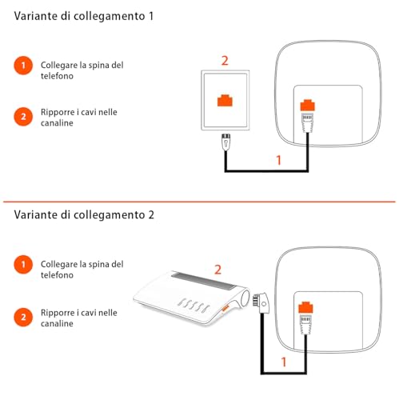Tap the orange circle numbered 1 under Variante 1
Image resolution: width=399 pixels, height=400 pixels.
[x=25, y=66]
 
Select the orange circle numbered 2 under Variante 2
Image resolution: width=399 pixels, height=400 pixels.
[x=25, y=318]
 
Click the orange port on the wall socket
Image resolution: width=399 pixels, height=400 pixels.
[x=225, y=102]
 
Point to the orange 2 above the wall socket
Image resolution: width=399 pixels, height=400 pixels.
[x=225, y=60]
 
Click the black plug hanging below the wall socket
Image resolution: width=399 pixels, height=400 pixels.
[x=225, y=144]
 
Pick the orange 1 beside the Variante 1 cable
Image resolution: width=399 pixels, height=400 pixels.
[x=278, y=160]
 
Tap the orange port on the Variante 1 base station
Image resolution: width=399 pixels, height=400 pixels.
[x=306, y=105]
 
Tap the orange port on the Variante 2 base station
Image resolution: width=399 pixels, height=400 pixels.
[x=305, y=307]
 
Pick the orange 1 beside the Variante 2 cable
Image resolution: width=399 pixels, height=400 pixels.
[x=284, y=362]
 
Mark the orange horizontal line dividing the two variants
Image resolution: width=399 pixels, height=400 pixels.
[x=199, y=201]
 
